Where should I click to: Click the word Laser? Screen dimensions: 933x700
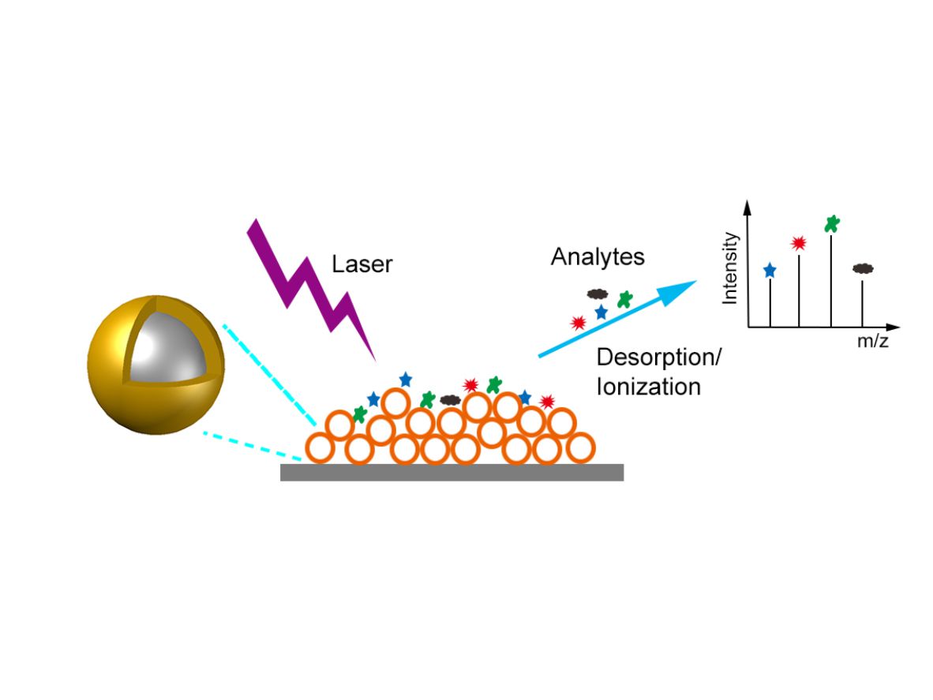point(362,264)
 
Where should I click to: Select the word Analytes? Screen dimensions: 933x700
point(598,257)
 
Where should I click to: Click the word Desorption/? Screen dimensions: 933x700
point(658,357)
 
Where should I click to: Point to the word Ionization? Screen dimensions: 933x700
point(649,387)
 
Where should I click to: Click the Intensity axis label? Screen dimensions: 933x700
point(729,268)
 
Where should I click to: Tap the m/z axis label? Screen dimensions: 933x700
point(872,341)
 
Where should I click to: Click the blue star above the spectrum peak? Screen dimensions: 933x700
point(770,271)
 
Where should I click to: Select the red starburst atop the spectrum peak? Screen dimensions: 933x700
point(799,243)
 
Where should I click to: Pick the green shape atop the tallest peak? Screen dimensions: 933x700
point(832,224)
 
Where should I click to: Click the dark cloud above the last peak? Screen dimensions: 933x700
point(863,269)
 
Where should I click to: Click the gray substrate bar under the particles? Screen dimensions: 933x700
point(452,472)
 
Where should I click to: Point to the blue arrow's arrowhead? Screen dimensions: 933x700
point(677,291)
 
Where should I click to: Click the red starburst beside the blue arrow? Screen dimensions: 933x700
point(578,323)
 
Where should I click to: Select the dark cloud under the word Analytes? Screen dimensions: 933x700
point(598,294)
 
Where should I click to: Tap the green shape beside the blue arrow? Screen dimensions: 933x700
point(625,299)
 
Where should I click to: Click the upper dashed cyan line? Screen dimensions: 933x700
point(269,376)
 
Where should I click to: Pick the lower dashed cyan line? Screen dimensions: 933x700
point(253,446)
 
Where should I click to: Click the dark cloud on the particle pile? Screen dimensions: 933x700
point(451,399)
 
